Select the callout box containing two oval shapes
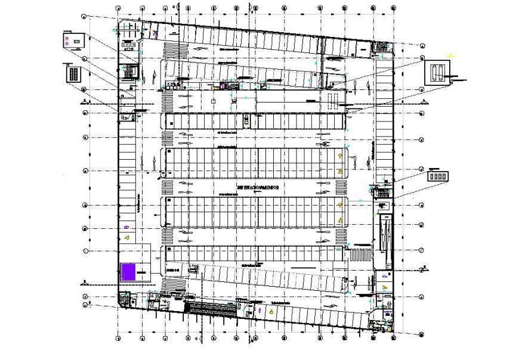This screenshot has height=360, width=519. tap(438, 72)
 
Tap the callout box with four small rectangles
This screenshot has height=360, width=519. tap(437, 176)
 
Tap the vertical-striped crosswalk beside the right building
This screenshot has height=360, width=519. tap(359, 255)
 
